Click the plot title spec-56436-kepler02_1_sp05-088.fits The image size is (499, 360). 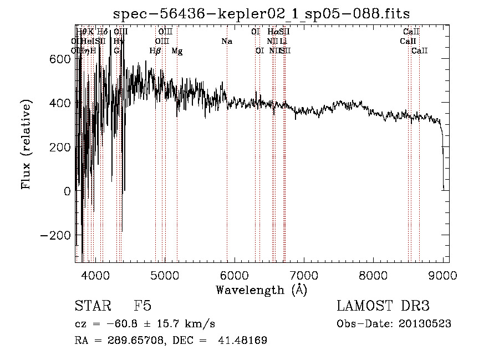[261, 13]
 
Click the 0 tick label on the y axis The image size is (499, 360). [67, 191]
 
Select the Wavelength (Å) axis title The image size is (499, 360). [261, 290]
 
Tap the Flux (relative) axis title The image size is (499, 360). [27, 144]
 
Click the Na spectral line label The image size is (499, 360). [226, 41]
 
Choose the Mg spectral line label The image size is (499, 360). [177, 51]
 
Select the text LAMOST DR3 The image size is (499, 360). [383, 306]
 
